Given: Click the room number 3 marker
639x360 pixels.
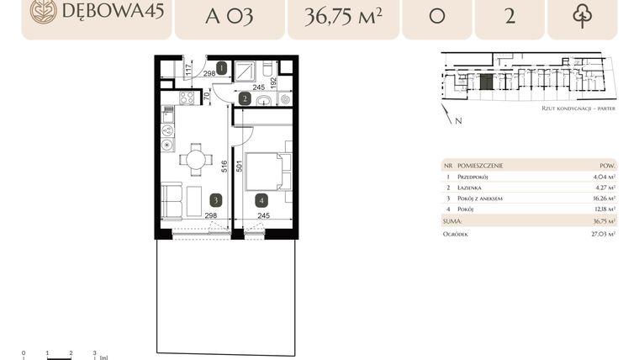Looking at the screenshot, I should click(x=217, y=200).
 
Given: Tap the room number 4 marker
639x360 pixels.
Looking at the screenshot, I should click(x=262, y=200).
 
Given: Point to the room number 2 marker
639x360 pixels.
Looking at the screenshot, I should click(x=244, y=98).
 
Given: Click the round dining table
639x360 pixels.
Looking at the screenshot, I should click(x=195, y=157).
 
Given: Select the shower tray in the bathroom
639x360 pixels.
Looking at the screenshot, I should click(x=247, y=71).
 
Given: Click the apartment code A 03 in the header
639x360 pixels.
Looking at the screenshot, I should click(x=230, y=16).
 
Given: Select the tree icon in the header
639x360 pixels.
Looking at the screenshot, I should click(x=582, y=16).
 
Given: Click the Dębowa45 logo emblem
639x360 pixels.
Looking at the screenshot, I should click(x=40, y=11).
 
